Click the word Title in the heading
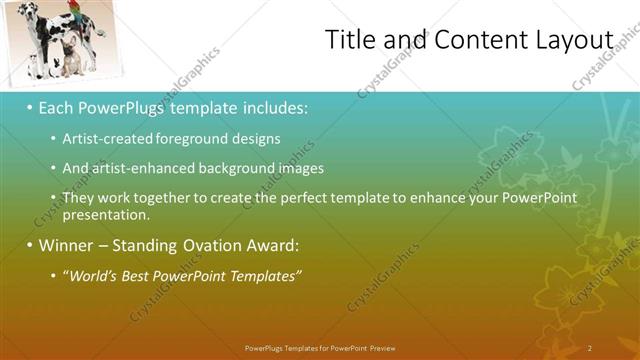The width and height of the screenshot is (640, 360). point(353,40)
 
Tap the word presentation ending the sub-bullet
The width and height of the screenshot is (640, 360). point(105,214)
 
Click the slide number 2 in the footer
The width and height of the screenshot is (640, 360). point(590,347)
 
